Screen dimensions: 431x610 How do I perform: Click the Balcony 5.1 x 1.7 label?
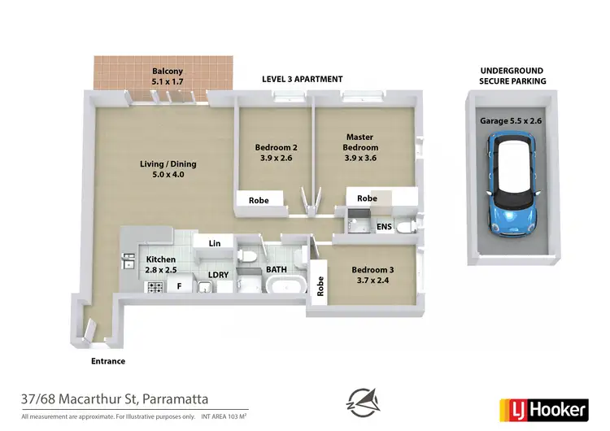(x=166, y=76)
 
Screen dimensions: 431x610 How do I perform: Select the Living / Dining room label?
(x=168, y=169)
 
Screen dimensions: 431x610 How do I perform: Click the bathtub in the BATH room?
(x=287, y=285)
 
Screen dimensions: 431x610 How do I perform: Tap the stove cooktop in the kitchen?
(x=153, y=287)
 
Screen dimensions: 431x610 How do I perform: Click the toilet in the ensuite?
(x=411, y=225)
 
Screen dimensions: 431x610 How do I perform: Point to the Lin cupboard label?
(x=215, y=243)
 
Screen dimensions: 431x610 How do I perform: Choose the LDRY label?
(x=218, y=275)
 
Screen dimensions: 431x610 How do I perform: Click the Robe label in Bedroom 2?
(x=259, y=199)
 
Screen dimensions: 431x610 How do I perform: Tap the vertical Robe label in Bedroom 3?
(x=320, y=286)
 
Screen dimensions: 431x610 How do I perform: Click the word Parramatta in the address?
(x=176, y=398)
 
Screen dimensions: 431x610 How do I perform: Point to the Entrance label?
(x=107, y=361)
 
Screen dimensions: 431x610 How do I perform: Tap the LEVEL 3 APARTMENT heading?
(x=302, y=79)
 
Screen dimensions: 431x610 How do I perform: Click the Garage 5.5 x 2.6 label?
(x=510, y=120)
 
